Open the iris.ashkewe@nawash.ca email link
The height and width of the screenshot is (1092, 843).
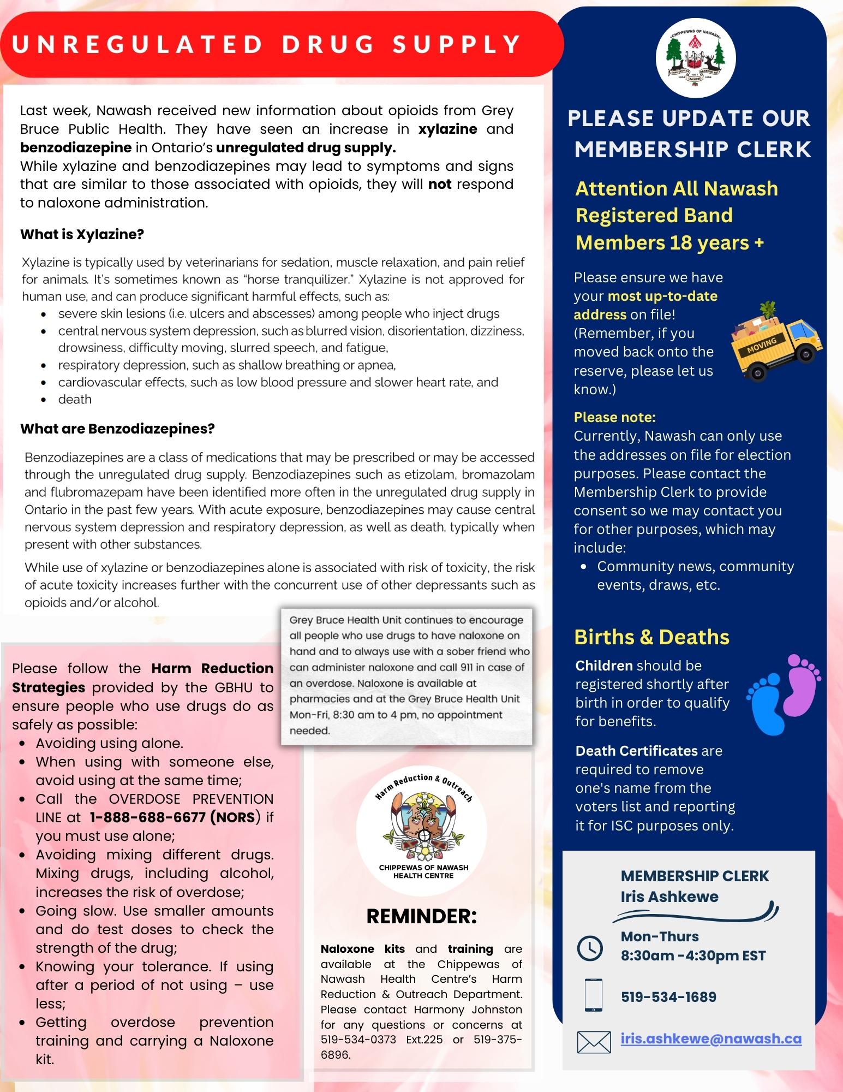[x=711, y=1038]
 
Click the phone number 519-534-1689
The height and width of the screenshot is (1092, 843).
[x=668, y=997]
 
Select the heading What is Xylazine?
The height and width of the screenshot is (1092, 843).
[x=82, y=235]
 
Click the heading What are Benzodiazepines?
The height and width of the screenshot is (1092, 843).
[x=117, y=429]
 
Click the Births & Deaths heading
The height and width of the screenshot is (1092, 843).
[x=651, y=637]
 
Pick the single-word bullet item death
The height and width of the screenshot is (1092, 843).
[x=75, y=400]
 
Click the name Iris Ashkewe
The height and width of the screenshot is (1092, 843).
[x=669, y=897]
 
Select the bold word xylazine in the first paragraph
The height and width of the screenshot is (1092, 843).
[x=447, y=129]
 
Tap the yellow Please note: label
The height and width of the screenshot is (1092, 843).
[x=614, y=418]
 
